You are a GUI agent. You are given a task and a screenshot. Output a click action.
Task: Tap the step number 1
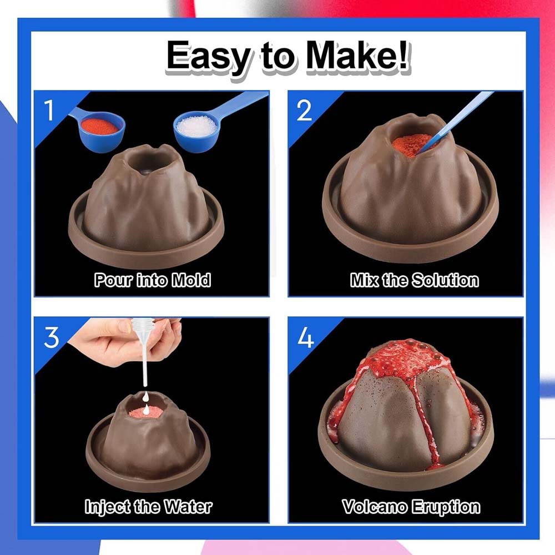[50, 111]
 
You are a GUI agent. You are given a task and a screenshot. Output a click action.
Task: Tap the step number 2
[304, 111]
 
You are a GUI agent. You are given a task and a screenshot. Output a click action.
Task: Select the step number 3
[51, 337]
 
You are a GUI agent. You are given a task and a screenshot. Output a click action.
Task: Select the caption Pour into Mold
[152, 280]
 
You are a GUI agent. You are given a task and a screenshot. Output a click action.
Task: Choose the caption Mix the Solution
[414, 280]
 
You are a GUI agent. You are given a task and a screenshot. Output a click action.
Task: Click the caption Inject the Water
[148, 506]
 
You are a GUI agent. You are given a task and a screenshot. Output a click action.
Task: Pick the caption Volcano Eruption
[411, 506]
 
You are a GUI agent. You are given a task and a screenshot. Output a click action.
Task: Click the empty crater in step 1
[147, 163]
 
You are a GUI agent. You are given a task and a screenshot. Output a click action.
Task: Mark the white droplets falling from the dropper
[145, 403]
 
